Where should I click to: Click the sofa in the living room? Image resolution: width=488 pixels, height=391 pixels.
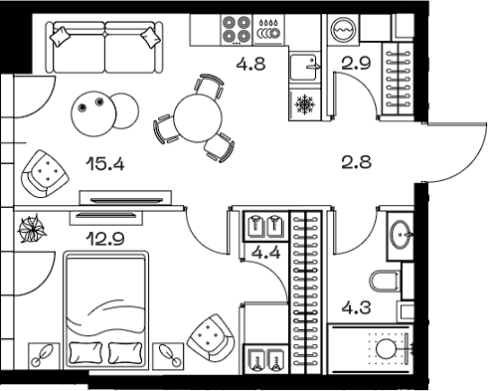click(x=104, y=44)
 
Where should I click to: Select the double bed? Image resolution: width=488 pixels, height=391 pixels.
click(x=105, y=308)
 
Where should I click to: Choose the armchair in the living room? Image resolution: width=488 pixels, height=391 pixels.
click(x=42, y=172)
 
